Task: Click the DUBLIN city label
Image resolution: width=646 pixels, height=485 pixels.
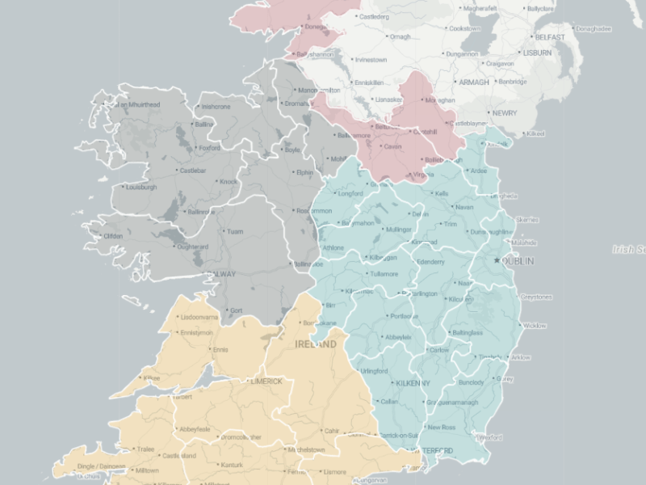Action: coord(520,261)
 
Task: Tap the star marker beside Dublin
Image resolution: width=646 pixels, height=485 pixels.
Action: coord(497,259)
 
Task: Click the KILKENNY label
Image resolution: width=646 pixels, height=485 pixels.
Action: coord(412,382)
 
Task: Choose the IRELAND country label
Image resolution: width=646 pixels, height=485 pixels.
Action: coord(316,344)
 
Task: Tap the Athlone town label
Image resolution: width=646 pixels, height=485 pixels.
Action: coord(333,247)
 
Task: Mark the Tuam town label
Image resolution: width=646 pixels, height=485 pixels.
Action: coord(235,232)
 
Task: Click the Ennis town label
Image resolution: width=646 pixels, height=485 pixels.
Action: coord(219,350)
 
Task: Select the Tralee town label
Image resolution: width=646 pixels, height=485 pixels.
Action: coord(145,449)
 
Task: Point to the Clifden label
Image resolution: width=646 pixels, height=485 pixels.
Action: coord(112,236)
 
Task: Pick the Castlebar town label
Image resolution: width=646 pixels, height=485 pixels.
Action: coord(192,171)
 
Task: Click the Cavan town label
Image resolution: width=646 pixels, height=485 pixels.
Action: coord(392,147)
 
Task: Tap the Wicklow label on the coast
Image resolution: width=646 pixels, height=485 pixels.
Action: coord(535,326)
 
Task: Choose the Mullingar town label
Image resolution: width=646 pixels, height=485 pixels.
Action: coord(399,230)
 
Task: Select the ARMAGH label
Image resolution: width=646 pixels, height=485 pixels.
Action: coord(474,82)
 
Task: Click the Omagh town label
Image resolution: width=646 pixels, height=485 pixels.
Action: coord(401,36)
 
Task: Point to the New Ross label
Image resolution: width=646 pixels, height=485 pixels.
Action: coord(442,427)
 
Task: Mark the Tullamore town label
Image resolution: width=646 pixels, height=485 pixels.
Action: coord(384,273)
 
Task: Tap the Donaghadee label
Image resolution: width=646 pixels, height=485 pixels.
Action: coord(594,29)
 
